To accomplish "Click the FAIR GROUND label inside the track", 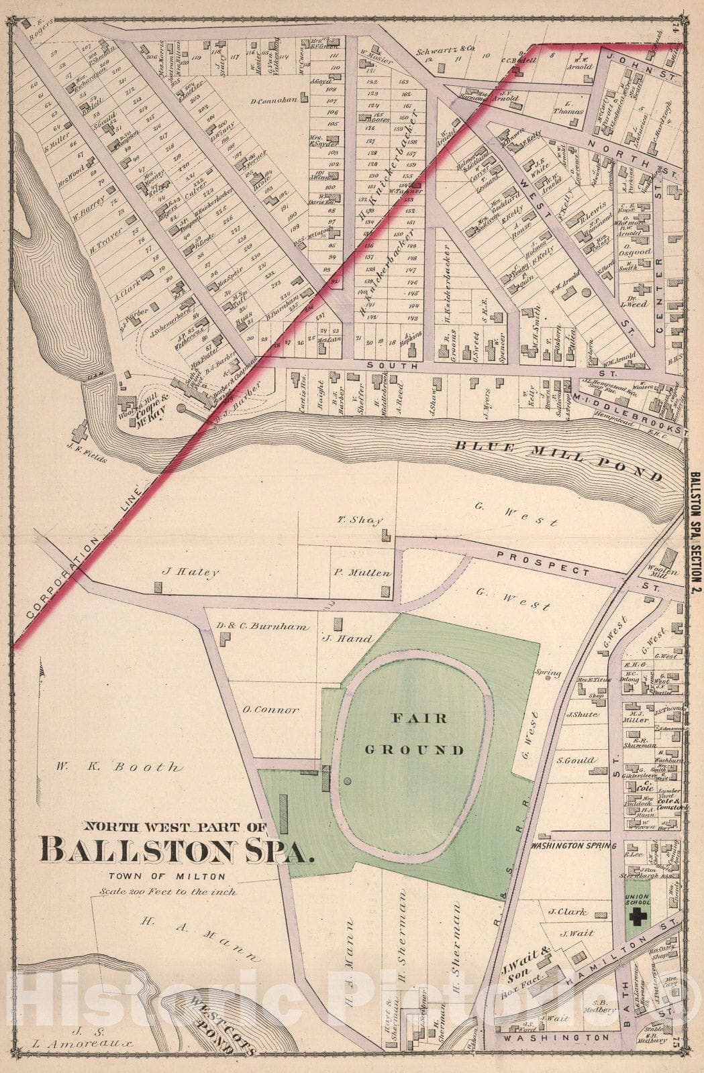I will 419,734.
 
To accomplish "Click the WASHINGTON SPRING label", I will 574,846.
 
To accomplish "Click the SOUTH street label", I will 401,366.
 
